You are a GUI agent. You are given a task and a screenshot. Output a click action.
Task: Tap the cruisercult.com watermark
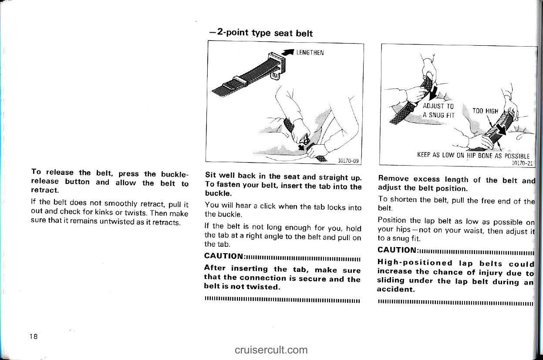tap(271, 350)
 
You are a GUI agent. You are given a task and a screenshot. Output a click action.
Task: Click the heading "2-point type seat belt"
tap(261, 33)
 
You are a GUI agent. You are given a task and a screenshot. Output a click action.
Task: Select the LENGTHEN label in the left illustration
tap(310, 53)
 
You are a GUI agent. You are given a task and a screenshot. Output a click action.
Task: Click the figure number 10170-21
tap(524, 163)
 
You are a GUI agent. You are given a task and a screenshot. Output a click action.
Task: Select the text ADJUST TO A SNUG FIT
tap(438, 110)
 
